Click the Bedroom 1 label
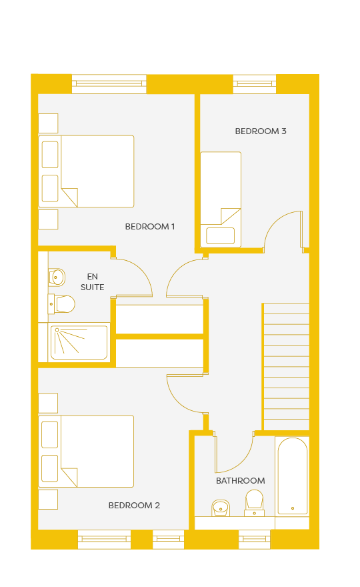click(150, 227)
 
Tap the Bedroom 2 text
click(134, 506)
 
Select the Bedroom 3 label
click(261, 131)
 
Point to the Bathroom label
click(240, 481)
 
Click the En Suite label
click(93, 282)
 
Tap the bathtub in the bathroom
click(293, 476)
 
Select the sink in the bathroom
click(221, 508)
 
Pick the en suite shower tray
click(79, 343)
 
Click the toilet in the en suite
click(62, 304)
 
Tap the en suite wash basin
click(57, 277)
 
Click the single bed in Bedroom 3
click(221, 199)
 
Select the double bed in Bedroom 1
click(86, 171)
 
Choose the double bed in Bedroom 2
click(86, 451)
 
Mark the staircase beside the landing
click(286, 366)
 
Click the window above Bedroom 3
click(255, 84)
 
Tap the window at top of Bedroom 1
click(109, 84)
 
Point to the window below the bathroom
click(255, 539)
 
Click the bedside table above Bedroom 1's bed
click(48, 123)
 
